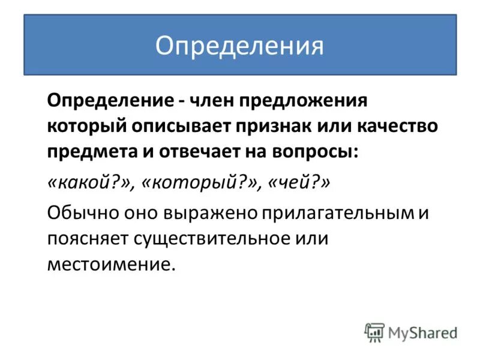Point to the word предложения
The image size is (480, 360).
pos(299,101)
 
